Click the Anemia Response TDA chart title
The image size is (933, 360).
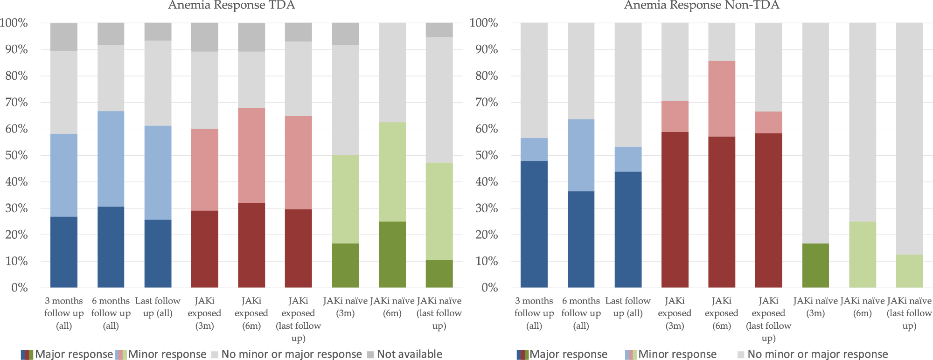tap(231, 6)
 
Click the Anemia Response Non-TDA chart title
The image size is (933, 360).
tap(702, 6)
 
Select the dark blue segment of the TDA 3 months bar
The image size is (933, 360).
tap(64, 252)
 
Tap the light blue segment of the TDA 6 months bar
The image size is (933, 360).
tap(111, 159)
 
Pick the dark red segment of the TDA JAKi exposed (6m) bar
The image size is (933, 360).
tap(251, 245)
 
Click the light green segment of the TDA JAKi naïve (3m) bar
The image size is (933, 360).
tap(345, 199)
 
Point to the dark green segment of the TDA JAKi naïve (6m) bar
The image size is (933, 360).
tap(392, 254)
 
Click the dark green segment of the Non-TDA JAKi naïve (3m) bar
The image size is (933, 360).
tap(815, 265)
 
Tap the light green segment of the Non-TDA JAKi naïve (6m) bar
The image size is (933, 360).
tap(863, 254)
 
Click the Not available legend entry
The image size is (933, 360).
tap(409, 354)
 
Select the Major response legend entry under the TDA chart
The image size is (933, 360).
tap(73, 354)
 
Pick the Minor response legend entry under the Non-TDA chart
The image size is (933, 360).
tap(676, 354)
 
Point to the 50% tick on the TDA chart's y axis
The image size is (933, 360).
tap(16, 155)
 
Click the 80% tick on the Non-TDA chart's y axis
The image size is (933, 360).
tap(487, 76)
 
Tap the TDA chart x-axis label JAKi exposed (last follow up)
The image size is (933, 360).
tap(298, 319)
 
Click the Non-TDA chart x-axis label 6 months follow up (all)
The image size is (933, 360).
tap(581, 313)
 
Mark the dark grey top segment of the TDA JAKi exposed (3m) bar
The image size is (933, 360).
tap(205, 37)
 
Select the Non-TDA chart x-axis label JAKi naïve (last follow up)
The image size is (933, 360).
tap(909, 313)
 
